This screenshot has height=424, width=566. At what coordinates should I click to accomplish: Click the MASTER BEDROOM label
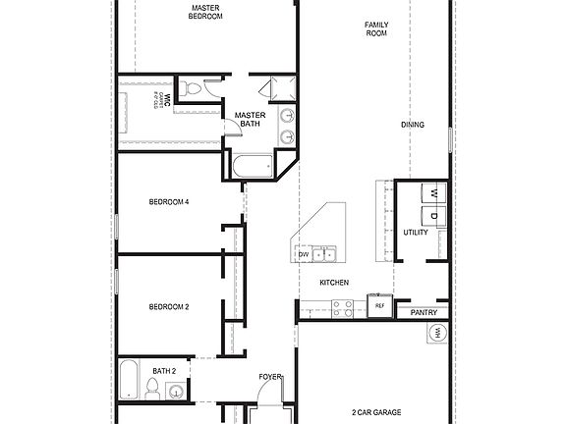tap(205, 12)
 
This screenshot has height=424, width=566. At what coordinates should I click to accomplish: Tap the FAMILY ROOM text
tap(376, 28)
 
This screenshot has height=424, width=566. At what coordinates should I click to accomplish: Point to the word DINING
tap(414, 125)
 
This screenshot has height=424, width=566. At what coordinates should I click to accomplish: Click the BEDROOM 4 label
tap(168, 202)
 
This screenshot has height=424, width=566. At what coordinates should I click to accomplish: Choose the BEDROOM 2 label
tap(168, 307)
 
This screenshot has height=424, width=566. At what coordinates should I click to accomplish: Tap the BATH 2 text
tap(164, 370)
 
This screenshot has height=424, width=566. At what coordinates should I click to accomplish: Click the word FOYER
tap(270, 377)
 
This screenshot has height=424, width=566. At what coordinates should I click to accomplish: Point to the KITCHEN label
tap(334, 283)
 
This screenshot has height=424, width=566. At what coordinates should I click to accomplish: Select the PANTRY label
tap(424, 312)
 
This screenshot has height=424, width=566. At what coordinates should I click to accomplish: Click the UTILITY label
tap(416, 233)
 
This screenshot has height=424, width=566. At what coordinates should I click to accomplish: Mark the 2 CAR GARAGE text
tap(373, 413)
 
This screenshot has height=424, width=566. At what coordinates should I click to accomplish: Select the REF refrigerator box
tap(379, 305)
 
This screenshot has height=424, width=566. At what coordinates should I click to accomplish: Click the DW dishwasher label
tap(304, 255)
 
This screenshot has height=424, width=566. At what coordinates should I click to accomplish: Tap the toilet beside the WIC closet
tap(193, 89)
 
